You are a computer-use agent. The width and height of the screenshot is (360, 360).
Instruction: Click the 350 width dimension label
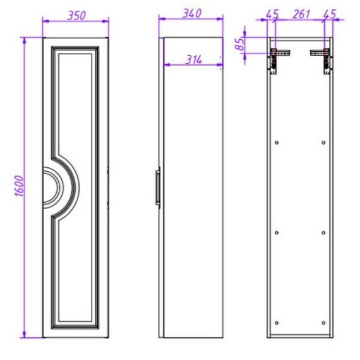click(76, 15)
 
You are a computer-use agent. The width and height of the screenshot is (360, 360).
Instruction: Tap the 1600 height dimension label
click(20, 186)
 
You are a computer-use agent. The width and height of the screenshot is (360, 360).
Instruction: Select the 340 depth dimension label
click(192, 13)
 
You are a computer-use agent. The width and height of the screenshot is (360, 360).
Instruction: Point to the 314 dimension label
click(193, 60)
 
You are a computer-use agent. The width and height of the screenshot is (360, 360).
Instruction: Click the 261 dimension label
click(301, 14)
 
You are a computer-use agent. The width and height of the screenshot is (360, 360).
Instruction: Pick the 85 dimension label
click(239, 44)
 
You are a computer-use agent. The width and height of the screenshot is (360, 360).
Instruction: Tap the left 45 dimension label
click(272, 14)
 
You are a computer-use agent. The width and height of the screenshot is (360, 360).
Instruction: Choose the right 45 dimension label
click(330, 14)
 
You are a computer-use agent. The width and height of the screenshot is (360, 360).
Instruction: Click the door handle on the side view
click(158, 188)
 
